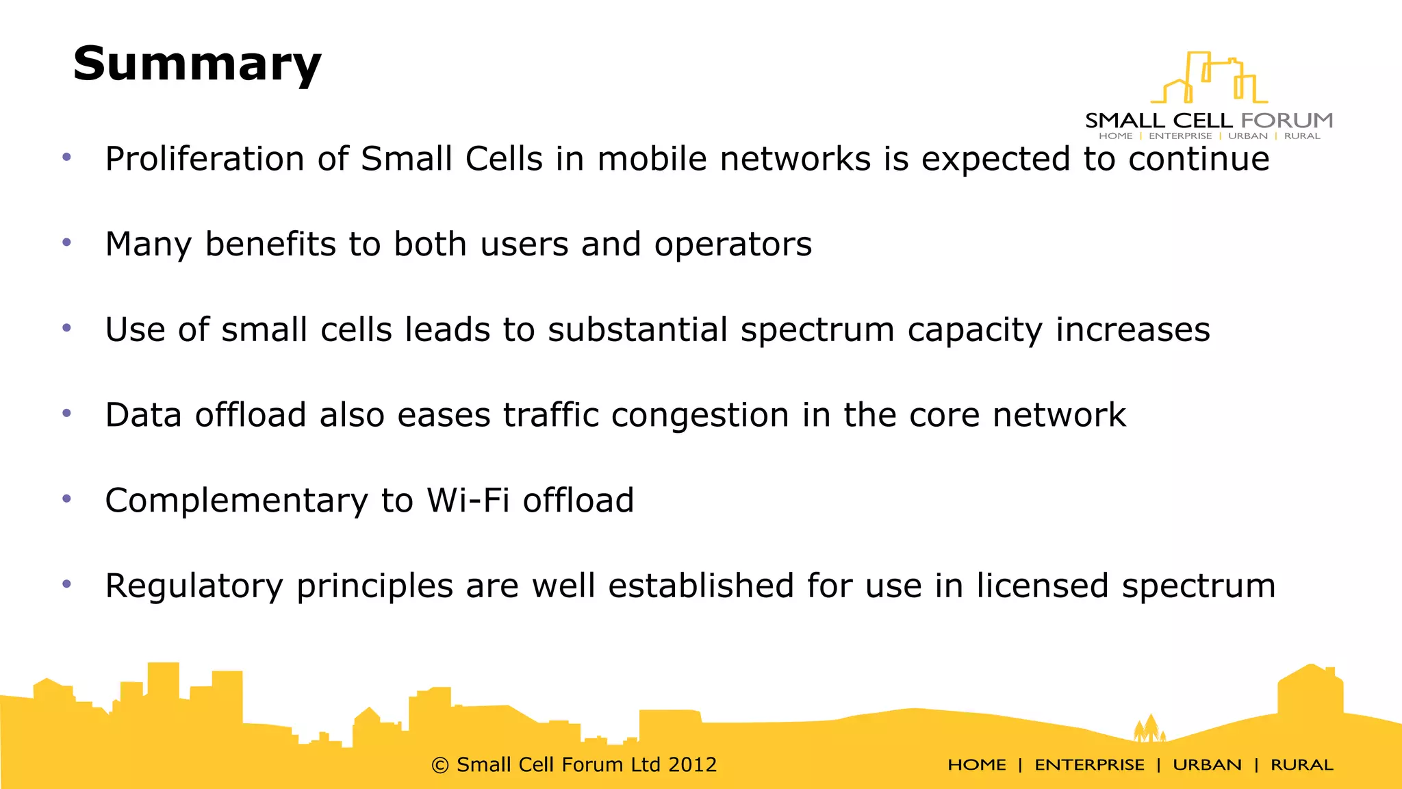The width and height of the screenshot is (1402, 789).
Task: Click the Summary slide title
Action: [x=197, y=64]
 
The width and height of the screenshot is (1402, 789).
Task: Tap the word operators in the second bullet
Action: [x=732, y=245]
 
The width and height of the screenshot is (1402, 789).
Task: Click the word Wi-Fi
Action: [x=468, y=500]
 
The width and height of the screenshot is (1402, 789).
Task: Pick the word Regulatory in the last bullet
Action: [x=194, y=586]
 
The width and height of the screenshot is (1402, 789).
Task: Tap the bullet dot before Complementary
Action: [x=66, y=499]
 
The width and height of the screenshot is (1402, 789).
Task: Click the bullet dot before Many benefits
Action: [x=66, y=242]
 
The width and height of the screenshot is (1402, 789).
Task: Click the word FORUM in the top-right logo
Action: [x=1286, y=121]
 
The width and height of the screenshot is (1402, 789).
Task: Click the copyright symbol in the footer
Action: [x=440, y=765]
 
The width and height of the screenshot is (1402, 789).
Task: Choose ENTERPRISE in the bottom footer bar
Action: [x=1089, y=765]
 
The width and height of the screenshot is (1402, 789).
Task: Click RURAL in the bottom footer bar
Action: [x=1301, y=765]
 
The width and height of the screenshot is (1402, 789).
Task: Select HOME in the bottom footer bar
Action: [x=976, y=765]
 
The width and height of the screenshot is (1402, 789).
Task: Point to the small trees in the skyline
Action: [x=1149, y=728]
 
